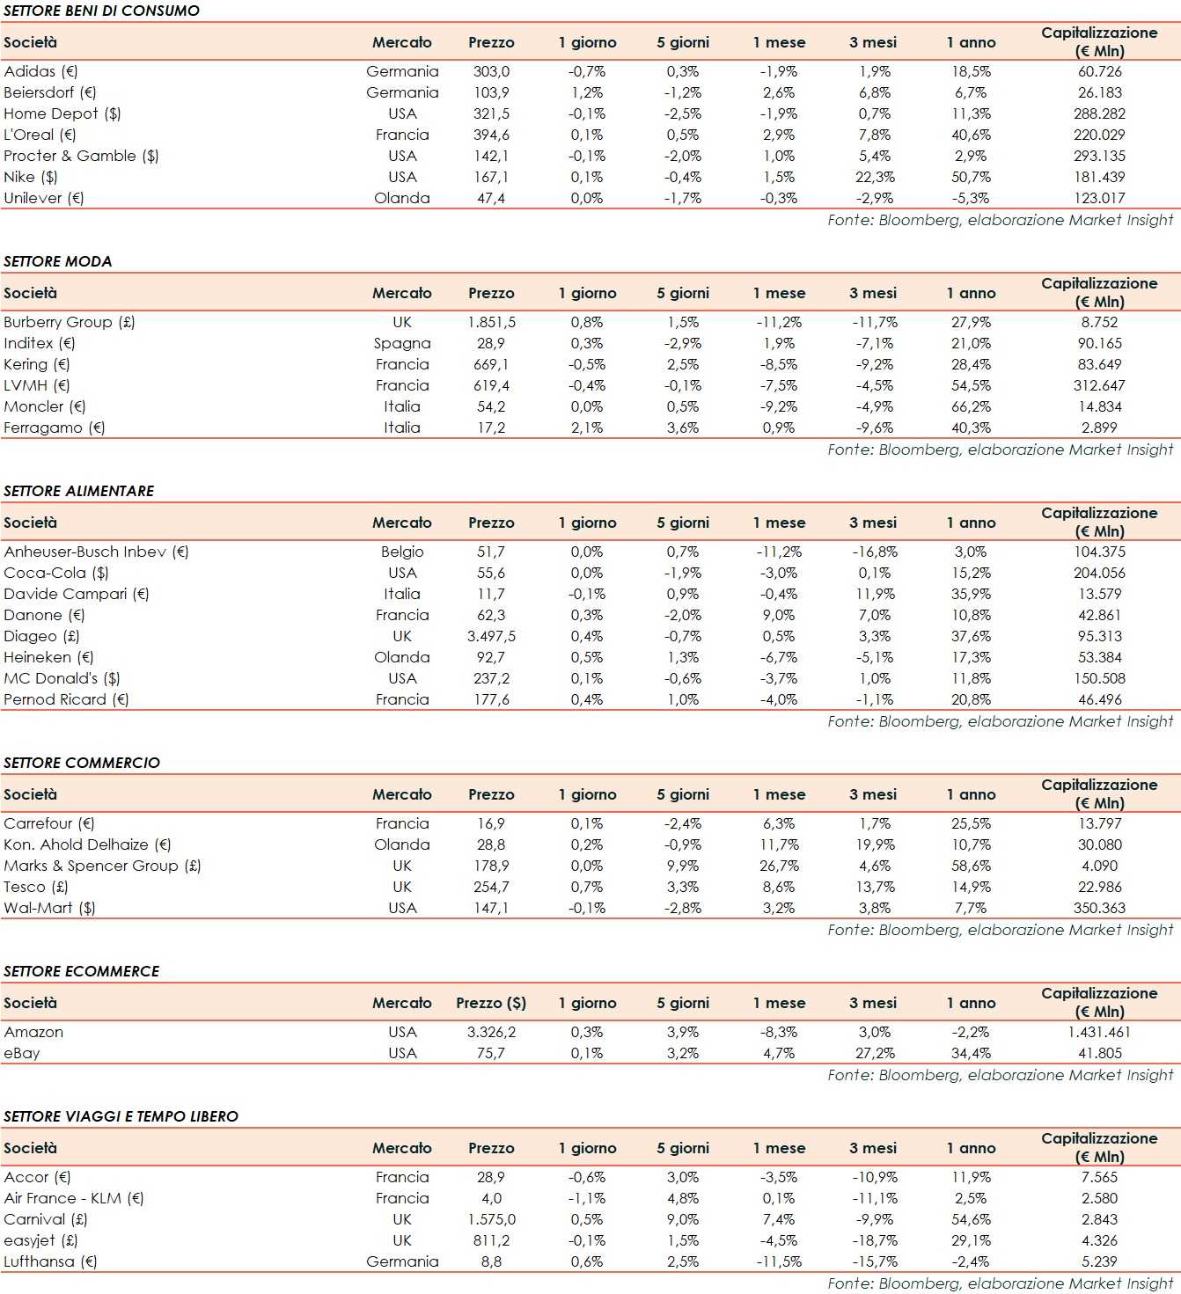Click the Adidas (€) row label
40,71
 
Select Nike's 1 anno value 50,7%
971,177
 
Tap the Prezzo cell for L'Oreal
491,135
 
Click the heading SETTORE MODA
58,261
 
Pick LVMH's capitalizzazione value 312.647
1099,385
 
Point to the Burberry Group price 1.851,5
491,322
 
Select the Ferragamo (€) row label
54,428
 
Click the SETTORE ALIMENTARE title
79,491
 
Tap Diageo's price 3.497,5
491,636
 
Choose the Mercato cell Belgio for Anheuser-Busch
402,552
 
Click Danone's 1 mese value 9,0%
779,615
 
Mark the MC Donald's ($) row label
62,678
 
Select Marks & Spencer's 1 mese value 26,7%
779,866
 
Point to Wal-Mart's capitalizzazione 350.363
1099,908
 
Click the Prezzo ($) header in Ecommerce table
491,1003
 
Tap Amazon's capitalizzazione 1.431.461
1099,1032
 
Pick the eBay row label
22,1053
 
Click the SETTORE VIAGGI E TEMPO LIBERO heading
121,1116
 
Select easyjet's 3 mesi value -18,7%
875,1240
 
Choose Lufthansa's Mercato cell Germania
402,1261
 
